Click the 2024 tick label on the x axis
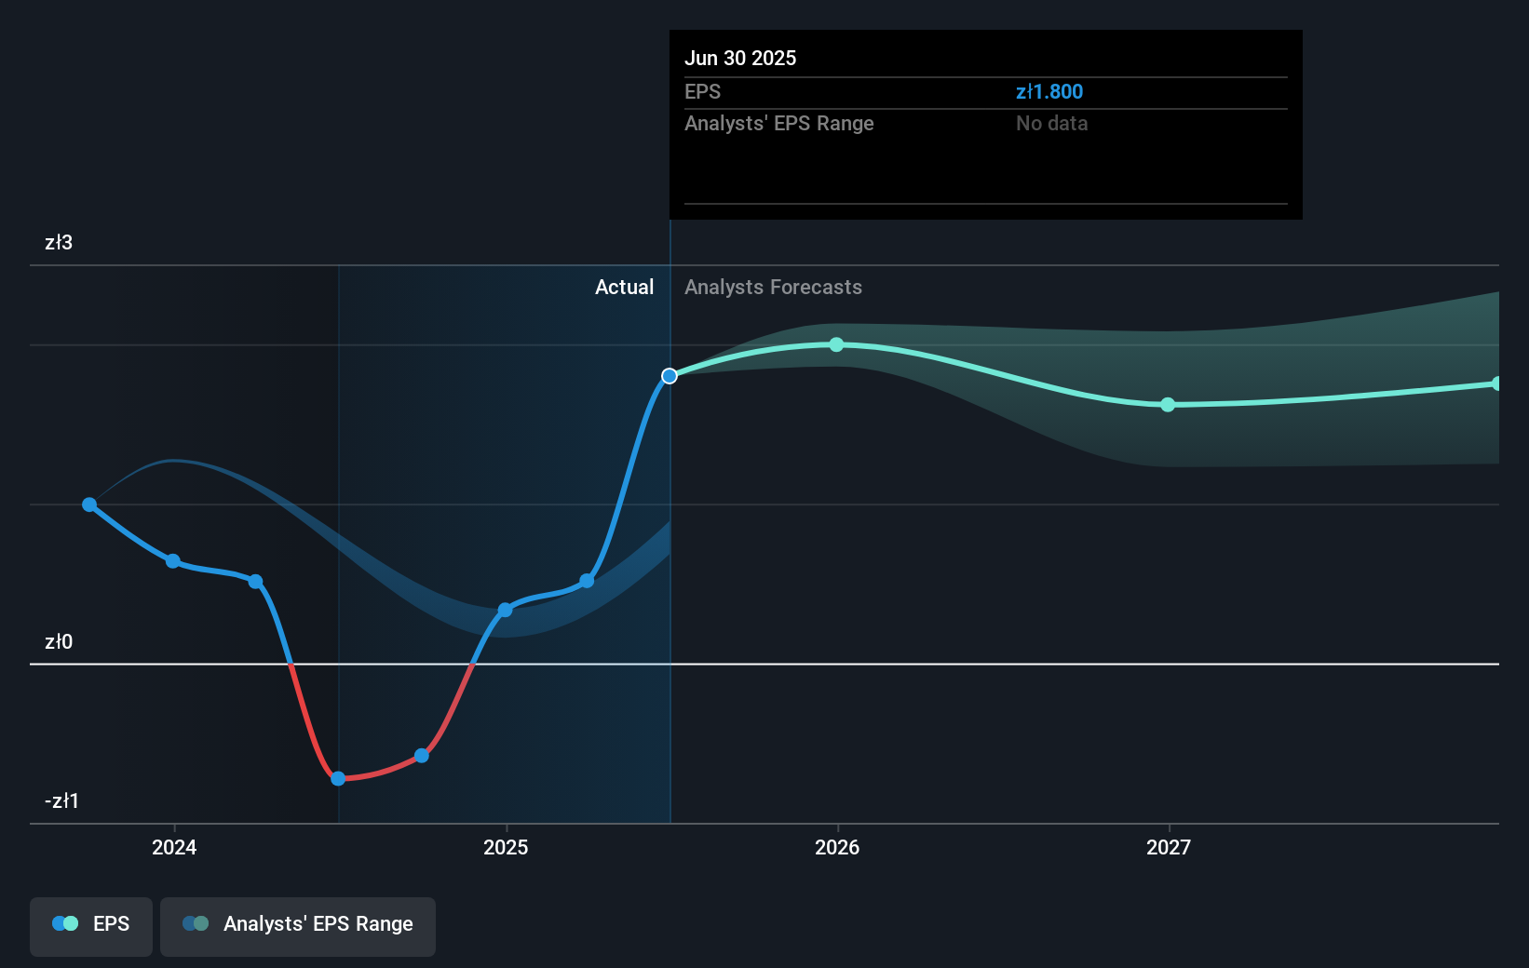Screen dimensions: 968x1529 174,847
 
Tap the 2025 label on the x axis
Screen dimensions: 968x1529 506,847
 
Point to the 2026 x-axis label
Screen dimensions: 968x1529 837,847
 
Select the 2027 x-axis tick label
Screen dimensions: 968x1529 1169,847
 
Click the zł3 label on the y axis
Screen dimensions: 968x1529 59,243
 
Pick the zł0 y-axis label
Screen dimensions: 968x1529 59,642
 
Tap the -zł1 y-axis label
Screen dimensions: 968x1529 61,801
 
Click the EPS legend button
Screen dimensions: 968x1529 91,924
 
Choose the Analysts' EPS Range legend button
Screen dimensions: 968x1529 298,924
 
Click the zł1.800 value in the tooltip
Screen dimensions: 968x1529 1049,92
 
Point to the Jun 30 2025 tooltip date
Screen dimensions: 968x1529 740,58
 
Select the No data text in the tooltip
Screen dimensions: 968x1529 1051,124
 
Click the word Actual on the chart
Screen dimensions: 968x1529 624,288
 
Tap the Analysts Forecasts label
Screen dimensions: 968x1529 773,288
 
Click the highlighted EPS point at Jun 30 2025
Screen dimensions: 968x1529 670,376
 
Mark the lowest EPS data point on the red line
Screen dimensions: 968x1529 338,778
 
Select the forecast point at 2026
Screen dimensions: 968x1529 836,344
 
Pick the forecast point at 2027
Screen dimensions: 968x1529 1168,405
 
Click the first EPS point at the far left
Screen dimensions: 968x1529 89,504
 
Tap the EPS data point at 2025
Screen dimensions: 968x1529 505,611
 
